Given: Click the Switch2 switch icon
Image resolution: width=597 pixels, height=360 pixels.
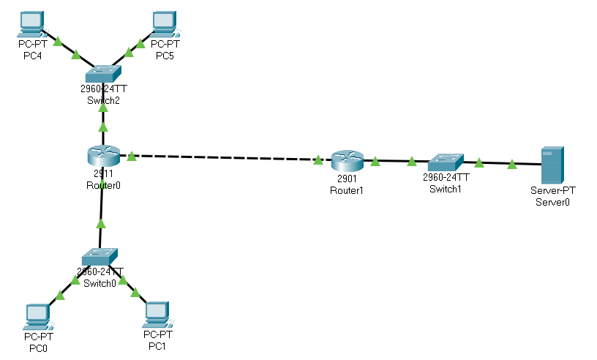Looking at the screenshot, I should click(x=103, y=73).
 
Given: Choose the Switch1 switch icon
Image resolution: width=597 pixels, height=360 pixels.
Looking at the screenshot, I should click(x=446, y=162).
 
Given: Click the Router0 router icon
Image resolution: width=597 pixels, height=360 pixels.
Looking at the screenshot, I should click(x=103, y=156).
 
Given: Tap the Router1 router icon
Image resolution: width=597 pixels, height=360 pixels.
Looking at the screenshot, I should click(x=346, y=161).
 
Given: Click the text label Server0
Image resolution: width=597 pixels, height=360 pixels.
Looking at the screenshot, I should click(x=552, y=201).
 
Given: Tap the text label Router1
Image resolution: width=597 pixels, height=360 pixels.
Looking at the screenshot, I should click(x=346, y=190).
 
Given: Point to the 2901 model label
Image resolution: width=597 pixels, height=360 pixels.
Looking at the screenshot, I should click(x=346, y=179).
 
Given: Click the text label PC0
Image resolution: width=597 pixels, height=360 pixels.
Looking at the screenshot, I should click(x=38, y=348).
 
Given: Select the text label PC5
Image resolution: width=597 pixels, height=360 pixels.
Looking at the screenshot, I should click(x=166, y=56).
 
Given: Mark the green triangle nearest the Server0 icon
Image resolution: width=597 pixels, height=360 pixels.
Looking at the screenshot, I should click(x=512, y=164).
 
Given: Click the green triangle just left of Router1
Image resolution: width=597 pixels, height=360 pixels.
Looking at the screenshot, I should click(x=318, y=159).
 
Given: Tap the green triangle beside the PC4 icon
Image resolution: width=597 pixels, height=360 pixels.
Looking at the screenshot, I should click(x=58, y=42).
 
